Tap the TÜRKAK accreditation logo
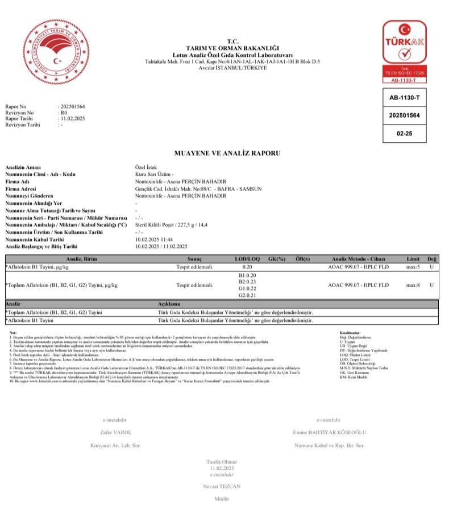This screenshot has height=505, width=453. coord(404,45)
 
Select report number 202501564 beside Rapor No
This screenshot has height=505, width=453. coord(73,107)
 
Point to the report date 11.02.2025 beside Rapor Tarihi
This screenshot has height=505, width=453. coord(72,118)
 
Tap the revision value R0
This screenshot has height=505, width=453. coord(64,113)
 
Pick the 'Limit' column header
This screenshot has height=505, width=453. coord(413,259)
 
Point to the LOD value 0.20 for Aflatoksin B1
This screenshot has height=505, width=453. coord(247,267)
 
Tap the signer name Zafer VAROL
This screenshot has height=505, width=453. coord(115,432)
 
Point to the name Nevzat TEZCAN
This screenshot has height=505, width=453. coord(221,486)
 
